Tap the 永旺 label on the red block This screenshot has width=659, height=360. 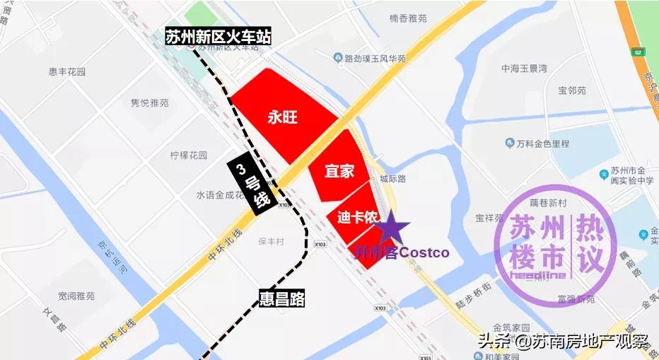tap(282, 117)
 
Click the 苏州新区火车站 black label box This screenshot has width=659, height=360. tap(218, 37)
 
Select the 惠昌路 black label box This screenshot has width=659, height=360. tap(282, 298)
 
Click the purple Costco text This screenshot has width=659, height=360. tap(425, 252)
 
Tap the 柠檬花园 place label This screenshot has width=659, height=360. tap(189, 155)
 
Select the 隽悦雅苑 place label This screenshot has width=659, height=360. tap(150, 103)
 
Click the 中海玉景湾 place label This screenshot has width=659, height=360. tap(524, 69)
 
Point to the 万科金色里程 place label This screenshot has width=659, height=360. tap(543, 144)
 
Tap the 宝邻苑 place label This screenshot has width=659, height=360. tap(572, 91)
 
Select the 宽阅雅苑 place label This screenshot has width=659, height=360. tap(76, 296)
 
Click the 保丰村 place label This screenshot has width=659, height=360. tap(271, 241)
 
